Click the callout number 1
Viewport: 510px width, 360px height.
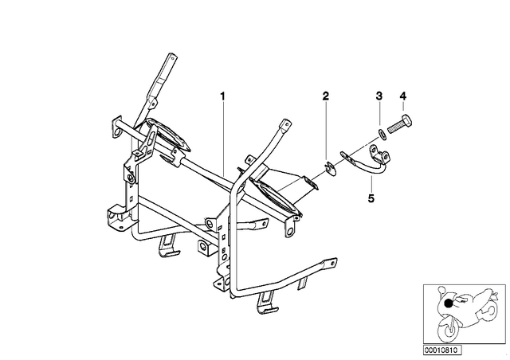pos(223,96)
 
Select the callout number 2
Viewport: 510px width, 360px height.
pos(326,96)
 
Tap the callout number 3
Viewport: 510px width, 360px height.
pos(379,96)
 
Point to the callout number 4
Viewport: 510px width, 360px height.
pos(403,96)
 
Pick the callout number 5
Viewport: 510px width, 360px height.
pos(371,198)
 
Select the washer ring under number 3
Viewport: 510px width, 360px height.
pos(382,134)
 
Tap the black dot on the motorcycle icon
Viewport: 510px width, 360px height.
pos(449,303)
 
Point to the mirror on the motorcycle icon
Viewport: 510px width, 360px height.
pos(441,289)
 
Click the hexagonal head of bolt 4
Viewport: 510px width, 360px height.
pos(407,120)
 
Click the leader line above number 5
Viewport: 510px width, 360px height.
pos(371,185)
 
